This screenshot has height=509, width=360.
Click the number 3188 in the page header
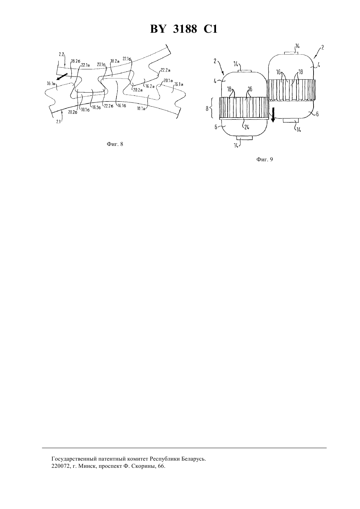point(185,29)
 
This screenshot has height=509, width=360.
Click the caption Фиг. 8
point(115,144)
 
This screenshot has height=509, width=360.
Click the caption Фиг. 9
point(264,160)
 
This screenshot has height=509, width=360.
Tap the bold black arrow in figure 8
point(62,77)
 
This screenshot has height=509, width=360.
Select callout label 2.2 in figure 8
point(61,55)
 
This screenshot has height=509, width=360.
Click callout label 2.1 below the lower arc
point(58,122)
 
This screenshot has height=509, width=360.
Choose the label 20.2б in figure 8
point(73,112)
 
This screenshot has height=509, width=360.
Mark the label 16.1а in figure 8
point(179,84)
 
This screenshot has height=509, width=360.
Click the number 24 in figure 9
point(246,127)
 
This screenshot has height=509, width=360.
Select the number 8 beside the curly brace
point(207,109)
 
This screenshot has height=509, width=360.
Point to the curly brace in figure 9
point(211,108)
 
